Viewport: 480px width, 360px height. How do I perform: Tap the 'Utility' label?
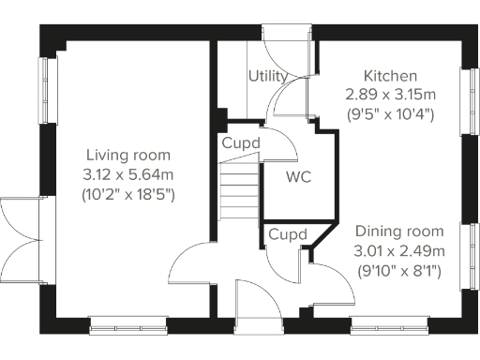pos(267,76)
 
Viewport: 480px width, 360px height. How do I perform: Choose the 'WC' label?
pos(298,176)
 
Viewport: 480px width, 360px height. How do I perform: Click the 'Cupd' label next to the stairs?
pos(240,143)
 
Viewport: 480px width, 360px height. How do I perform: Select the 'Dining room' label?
pos(398,231)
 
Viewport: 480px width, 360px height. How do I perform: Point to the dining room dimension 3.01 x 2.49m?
pos(398,250)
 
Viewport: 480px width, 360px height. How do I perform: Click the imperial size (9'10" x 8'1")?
pos(398,271)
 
